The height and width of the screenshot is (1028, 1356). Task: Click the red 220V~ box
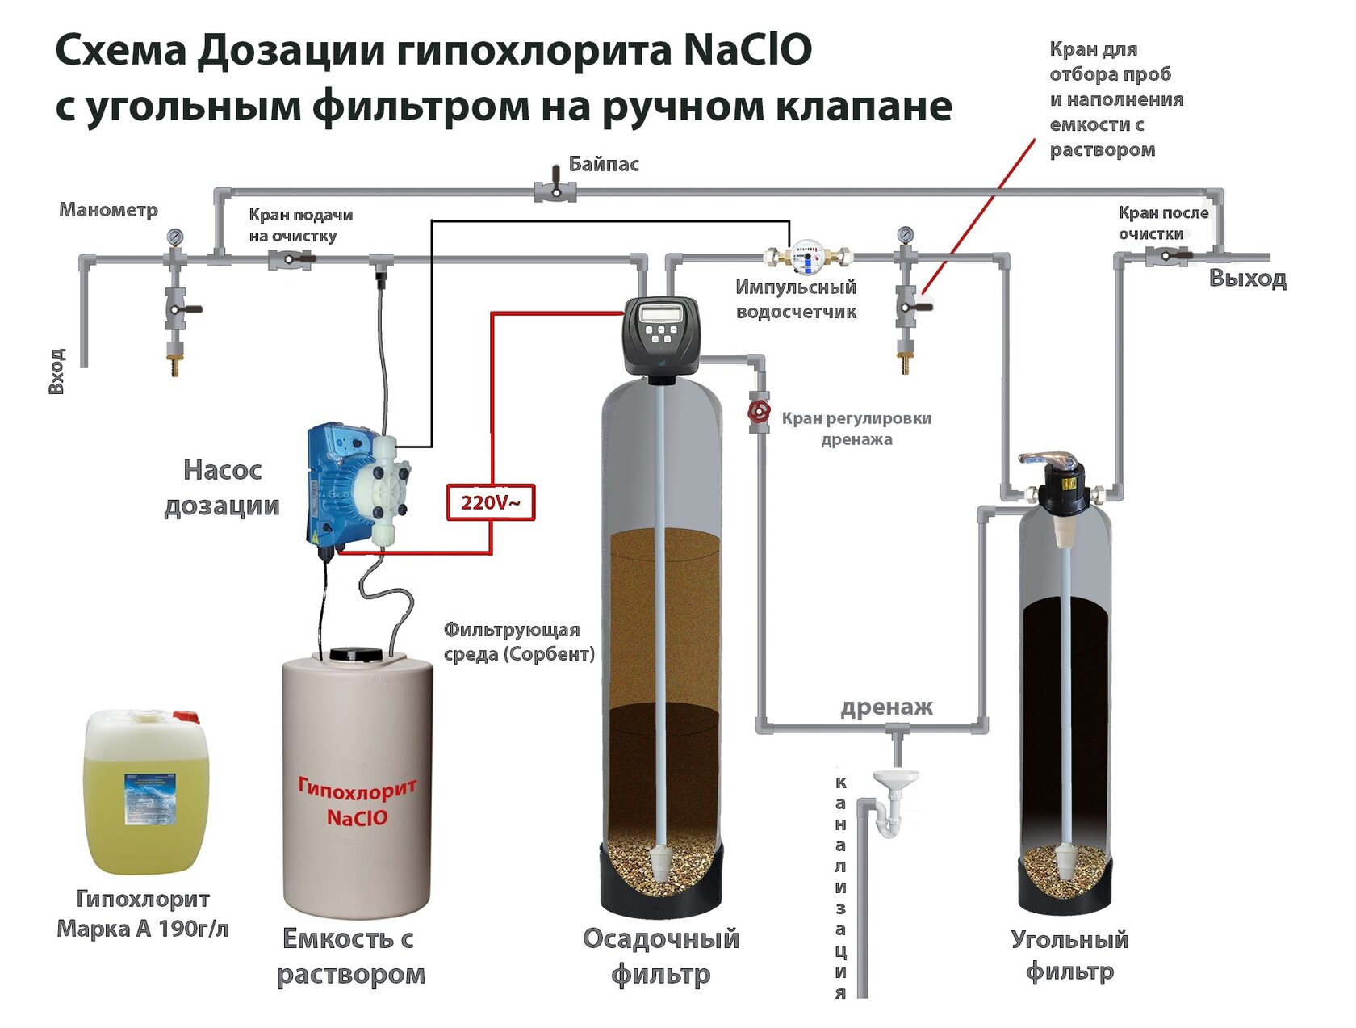coord(491,502)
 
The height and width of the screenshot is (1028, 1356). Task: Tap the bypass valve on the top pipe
coord(555,191)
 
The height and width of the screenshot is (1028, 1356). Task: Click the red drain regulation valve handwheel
coord(759,412)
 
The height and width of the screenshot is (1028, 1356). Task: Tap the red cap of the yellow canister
coord(186,717)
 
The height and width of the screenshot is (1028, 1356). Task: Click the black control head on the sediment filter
coord(662,335)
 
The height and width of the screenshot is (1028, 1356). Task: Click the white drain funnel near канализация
coord(895,781)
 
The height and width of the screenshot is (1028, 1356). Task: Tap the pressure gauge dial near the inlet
coord(175,237)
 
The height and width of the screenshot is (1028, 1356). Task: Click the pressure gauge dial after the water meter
coord(906,235)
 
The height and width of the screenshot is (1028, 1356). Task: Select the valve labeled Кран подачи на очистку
coord(291,259)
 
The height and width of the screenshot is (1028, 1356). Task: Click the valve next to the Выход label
coord(1167,257)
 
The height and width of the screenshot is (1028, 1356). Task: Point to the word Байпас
coord(604,164)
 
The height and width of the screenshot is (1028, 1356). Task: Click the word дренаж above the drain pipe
coord(886,707)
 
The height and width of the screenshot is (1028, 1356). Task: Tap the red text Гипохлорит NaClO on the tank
coord(357,801)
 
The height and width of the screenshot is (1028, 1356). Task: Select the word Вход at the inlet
coord(56,371)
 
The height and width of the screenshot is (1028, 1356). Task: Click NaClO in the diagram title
coord(747,50)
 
